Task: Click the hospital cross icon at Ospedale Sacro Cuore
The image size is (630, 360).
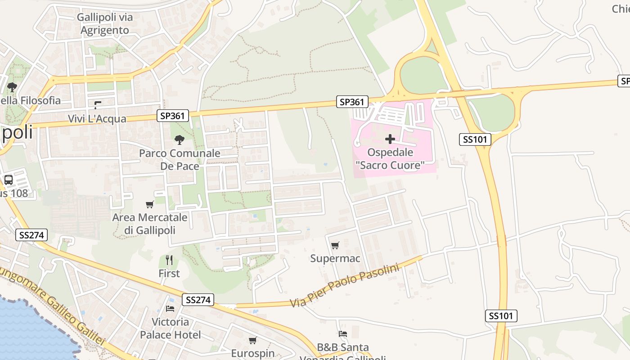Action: (x=390, y=139)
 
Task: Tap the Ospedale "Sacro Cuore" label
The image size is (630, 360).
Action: (x=390, y=159)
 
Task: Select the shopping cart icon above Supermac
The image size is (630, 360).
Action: (x=335, y=245)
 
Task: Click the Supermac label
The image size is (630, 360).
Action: (x=335, y=258)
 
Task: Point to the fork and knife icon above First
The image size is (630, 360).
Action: (x=169, y=260)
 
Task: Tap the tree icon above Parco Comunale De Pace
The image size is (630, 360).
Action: (x=180, y=140)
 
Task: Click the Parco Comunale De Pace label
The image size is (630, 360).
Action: (x=180, y=160)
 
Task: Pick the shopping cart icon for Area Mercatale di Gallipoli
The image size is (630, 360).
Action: (x=150, y=204)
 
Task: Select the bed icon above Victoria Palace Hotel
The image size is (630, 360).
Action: (x=170, y=308)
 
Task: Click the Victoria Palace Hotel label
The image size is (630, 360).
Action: (x=170, y=328)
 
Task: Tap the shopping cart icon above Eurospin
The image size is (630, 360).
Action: (x=252, y=340)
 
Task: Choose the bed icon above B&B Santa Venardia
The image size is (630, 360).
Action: (x=343, y=334)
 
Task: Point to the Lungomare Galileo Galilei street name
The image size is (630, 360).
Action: (x=54, y=306)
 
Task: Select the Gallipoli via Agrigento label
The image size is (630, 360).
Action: (x=105, y=24)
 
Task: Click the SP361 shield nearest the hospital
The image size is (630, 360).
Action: (x=352, y=102)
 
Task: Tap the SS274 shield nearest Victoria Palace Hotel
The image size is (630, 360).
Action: (x=198, y=300)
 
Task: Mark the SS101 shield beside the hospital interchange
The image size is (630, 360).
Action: (x=475, y=139)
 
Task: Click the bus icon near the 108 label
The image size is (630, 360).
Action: (x=9, y=180)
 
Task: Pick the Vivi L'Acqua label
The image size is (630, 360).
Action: (x=97, y=119)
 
